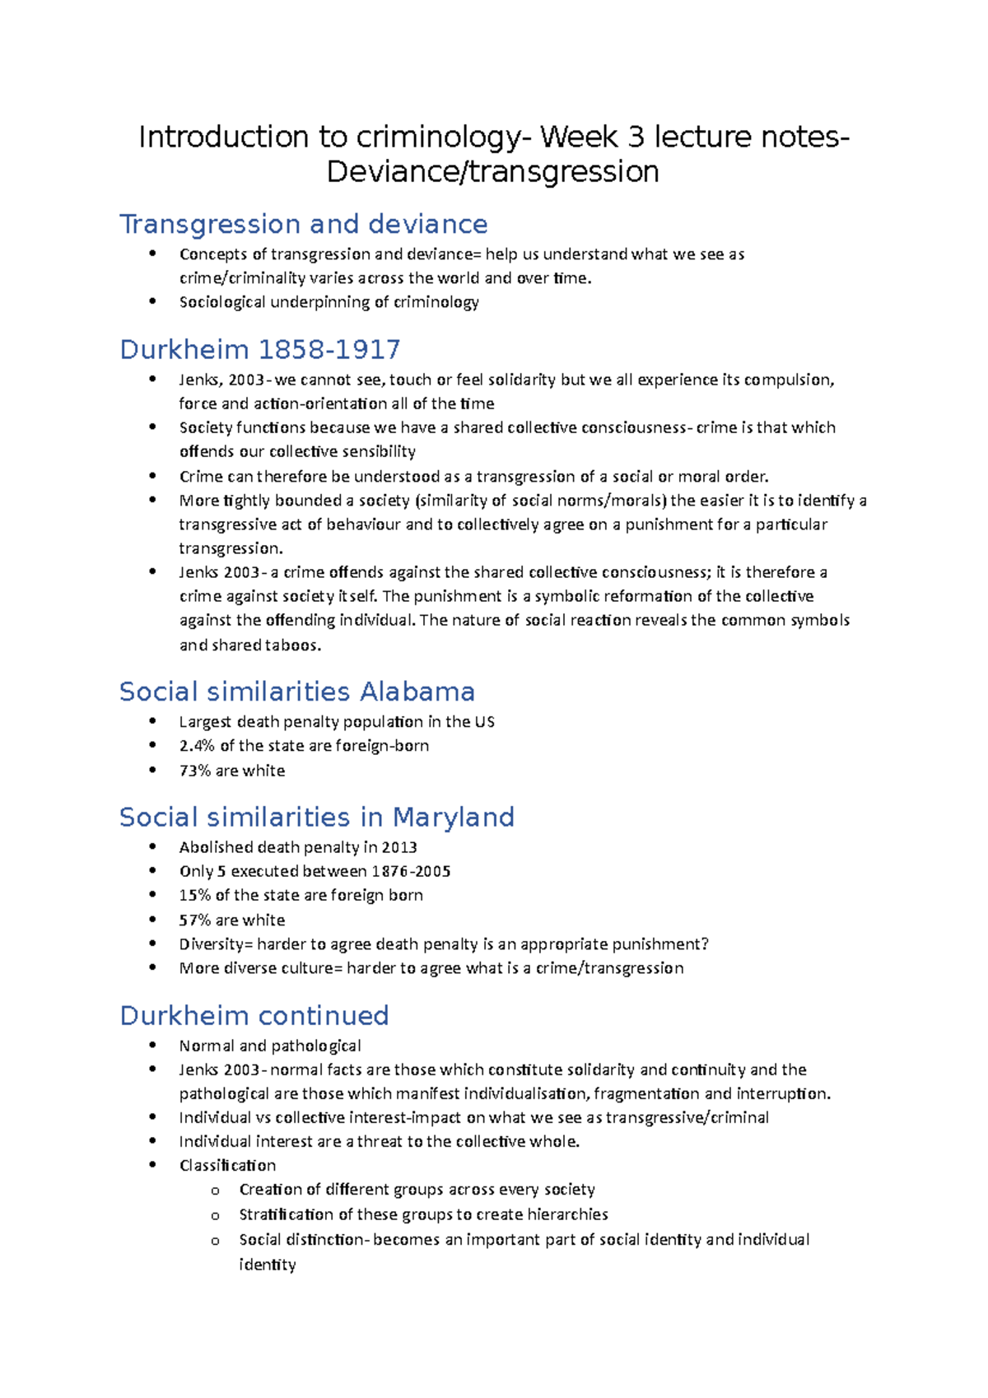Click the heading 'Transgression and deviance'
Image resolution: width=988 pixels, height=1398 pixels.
click(x=303, y=224)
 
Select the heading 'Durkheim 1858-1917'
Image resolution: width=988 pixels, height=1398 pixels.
click(x=259, y=349)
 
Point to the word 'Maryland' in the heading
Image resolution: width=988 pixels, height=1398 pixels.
click(x=453, y=817)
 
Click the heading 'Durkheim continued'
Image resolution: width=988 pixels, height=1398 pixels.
click(x=254, y=1015)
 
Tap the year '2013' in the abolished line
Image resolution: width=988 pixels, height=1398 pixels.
click(x=399, y=847)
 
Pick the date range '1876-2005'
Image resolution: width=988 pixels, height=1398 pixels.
click(x=411, y=871)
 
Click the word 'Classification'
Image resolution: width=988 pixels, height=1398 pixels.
click(x=227, y=1165)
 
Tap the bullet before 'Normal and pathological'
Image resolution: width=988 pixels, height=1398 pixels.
click(x=152, y=1045)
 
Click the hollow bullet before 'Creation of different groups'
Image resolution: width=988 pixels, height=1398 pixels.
click(x=216, y=1191)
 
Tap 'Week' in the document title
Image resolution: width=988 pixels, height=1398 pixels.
click(x=579, y=137)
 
